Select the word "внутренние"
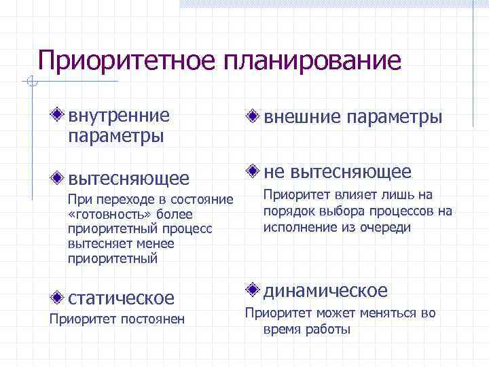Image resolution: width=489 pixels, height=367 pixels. tap(119, 115)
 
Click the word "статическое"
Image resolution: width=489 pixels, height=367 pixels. tap(121, 298)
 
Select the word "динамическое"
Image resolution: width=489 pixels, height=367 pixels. tap(325, 291)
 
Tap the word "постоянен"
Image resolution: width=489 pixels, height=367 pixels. tap(153, 319)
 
